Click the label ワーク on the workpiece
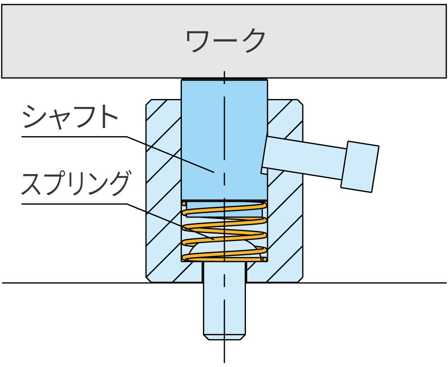click(225, 41)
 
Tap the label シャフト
click(69, 117)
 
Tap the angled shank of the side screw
click(305, 157)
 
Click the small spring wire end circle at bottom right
click(265, 259)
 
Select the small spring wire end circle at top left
click(184, 205)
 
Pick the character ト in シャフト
click(108, 117)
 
